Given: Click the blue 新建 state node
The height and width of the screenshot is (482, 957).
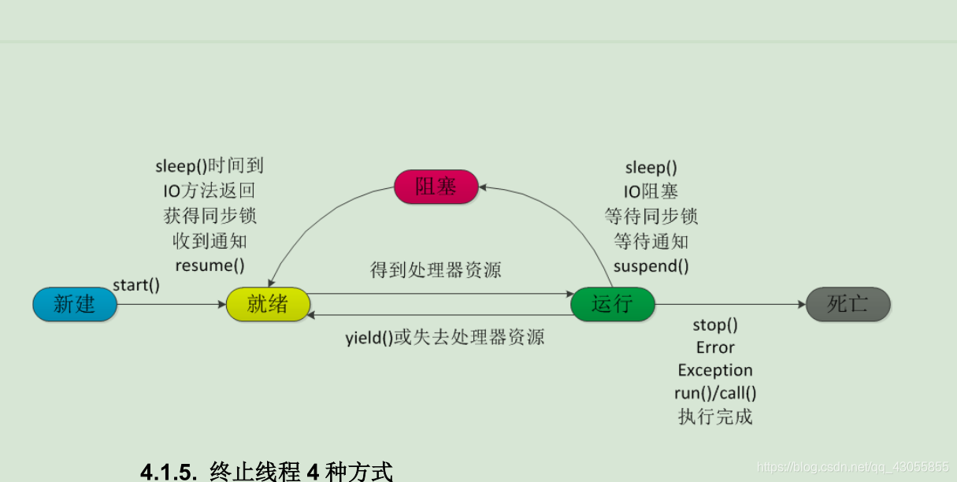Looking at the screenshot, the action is (x=75, y=304).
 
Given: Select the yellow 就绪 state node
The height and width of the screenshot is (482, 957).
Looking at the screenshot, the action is (x=268, y=304).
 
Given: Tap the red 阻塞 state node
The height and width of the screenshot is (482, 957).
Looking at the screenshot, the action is (x=436, y=187).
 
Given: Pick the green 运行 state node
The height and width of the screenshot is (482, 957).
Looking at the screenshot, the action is (x=612, y=304).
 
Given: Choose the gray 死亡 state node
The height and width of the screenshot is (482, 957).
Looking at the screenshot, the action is (x=848, y=304).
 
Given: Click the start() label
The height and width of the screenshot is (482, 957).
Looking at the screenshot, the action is (x=136, y=285).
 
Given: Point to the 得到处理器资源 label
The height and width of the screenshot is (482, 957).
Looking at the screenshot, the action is (x=436, y=270).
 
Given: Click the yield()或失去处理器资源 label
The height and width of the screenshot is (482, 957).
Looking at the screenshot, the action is (x=445, y=338).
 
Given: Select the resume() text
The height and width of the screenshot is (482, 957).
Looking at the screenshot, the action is (x=210, y=265).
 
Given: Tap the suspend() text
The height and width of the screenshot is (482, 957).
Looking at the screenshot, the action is (x=651, y=266).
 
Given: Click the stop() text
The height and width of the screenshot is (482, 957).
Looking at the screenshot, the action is (x=715, y=324).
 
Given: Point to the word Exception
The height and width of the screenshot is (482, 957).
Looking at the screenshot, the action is (x=715, y=370).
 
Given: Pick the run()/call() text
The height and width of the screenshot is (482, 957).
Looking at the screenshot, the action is (x=715, y=393).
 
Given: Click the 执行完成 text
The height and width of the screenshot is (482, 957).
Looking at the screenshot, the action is (x=715, y=417).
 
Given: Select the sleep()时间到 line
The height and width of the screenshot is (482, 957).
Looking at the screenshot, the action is (x=210, y=166).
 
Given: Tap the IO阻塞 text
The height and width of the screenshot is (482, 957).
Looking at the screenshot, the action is (x=651, y=191).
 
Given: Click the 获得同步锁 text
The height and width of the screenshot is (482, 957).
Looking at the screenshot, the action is (x=210, y=216).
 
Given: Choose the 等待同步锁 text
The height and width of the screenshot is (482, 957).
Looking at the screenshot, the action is (x=651, y=217).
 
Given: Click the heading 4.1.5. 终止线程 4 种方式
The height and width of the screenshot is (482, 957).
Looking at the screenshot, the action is (x=266, y=472).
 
